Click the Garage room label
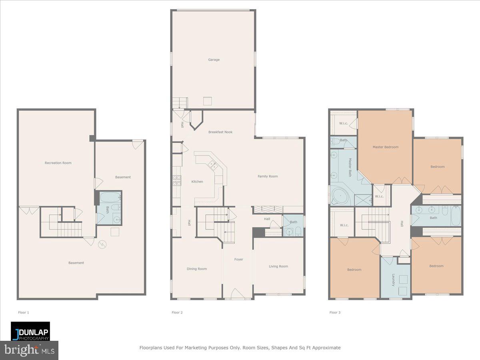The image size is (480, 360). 214,60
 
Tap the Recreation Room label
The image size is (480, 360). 58,163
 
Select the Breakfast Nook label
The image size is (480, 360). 220,132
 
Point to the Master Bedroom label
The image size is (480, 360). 385,147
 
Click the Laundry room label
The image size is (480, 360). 393,280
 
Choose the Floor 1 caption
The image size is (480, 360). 24,312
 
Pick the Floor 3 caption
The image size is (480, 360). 335,312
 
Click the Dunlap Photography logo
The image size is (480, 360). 30,331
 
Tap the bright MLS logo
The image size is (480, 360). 29,350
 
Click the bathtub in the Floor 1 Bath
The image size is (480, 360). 109,197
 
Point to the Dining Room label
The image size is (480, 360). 197,269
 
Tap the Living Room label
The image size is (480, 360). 278,266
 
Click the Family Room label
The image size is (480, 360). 268,176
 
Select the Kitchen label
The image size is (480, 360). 197,182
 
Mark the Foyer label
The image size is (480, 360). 238,259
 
